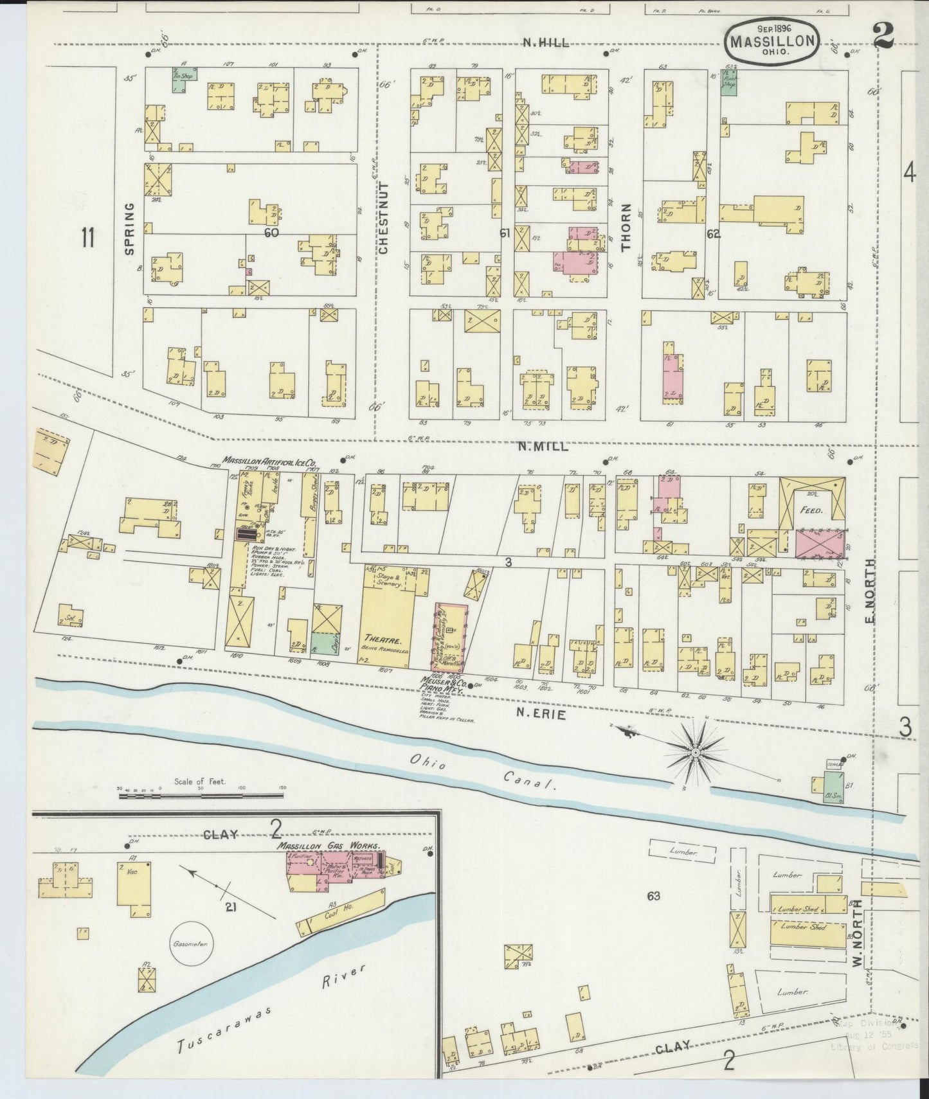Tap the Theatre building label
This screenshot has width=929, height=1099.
pyautogui.click(x=384, y=641)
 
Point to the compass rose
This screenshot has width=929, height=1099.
pyautogui.click(x=695, y=751)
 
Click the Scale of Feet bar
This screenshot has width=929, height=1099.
pyautogui.click(x=201, y=796)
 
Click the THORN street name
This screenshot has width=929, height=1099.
pyautogui.click(x=626, y=226)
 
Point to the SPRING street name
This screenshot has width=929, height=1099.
pyautogui.click(x=129, y=229)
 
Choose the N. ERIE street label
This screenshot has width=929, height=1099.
pyautogui.click(x=541, y=713)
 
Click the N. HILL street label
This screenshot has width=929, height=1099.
pyautogui.click(x=545, y=42)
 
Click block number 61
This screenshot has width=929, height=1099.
pyautogui.click(x=505, y=233)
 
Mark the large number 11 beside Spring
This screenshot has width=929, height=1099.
pyautogui.click(x=87, y=238)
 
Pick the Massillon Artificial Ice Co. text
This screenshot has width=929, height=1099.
pyautogui.click(x=269, y=461)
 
